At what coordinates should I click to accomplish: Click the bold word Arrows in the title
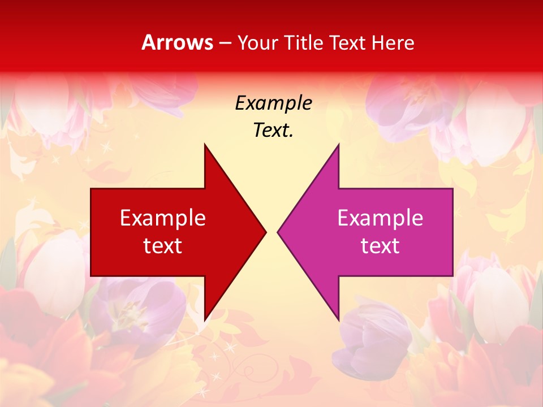[178, 42]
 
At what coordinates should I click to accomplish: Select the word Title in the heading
[306, 42]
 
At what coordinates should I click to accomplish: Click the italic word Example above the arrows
[273, 103]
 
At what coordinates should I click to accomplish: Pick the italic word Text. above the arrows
[273, 130]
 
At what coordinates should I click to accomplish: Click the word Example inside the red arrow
[163, 218]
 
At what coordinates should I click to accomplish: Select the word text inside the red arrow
[163, 245]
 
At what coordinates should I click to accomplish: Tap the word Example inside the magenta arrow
[380, 218]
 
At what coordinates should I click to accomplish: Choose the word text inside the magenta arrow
[380, 245]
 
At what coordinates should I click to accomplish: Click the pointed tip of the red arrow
[265, 231]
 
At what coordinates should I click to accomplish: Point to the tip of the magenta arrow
[278, 231]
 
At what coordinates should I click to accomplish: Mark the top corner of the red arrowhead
[205, 145]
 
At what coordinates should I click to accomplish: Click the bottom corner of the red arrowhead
[205, 320]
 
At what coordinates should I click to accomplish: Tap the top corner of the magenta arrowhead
[338, 145]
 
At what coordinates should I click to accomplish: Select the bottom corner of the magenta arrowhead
[338, 320]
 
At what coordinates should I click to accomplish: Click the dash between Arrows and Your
[225, 43]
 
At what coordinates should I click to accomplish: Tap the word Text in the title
[348, 42]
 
